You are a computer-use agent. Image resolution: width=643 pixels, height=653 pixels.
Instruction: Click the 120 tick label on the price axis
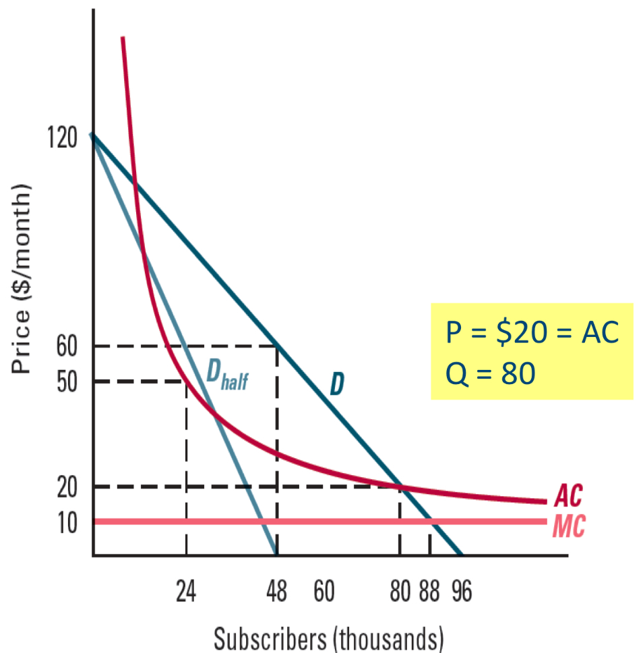point(63,137)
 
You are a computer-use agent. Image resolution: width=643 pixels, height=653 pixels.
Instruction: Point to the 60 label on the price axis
point(67,347)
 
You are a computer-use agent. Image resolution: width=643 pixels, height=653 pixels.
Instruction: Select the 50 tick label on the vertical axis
point(67,382)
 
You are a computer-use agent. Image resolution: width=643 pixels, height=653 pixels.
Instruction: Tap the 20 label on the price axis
point(67,487)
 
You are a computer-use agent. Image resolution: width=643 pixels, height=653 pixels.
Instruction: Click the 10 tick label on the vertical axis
point(67,522)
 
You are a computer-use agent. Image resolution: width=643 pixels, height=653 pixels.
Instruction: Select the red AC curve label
point(568,497)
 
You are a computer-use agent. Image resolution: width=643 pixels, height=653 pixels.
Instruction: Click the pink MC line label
point(568,526)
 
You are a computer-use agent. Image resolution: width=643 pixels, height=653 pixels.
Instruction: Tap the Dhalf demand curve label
point(226,375)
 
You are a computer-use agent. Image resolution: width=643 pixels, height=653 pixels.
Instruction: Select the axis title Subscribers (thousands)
point(329,636)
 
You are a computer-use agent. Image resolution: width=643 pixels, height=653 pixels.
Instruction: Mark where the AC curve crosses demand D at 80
point(400,486)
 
